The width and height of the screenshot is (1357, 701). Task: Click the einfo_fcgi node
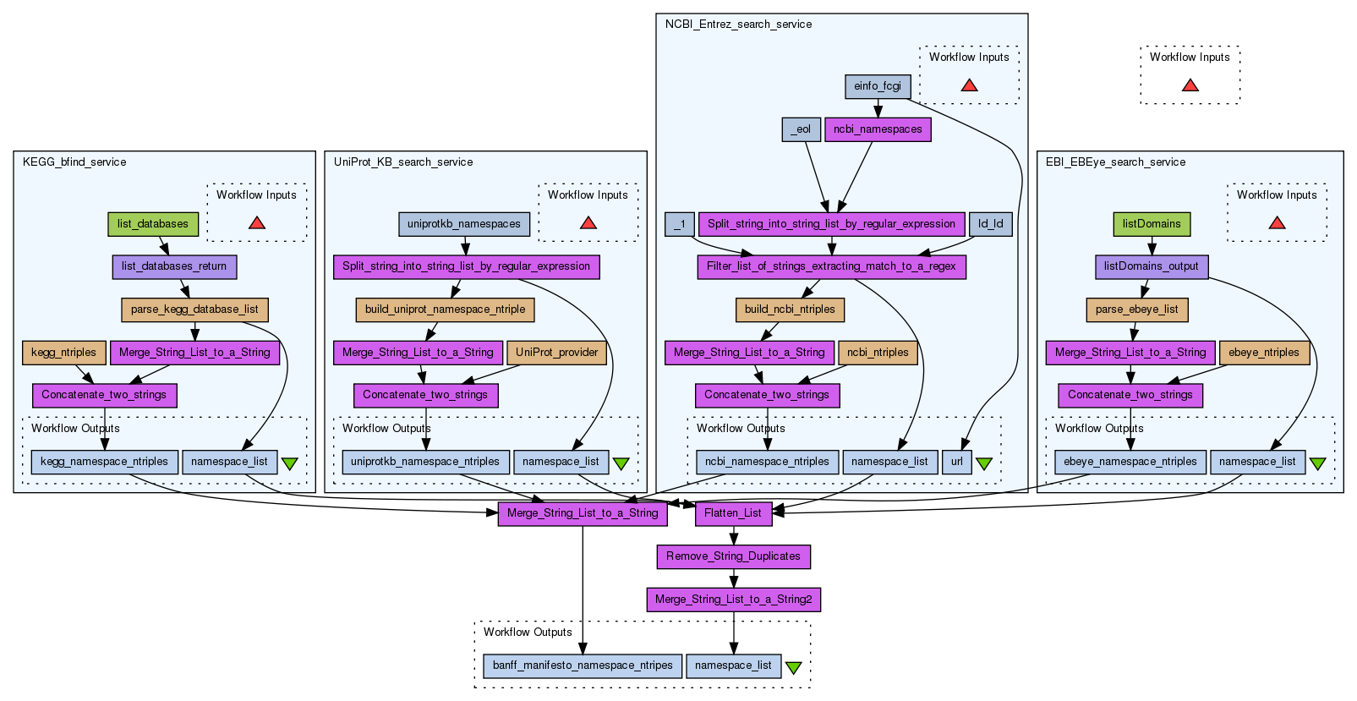[877, 86]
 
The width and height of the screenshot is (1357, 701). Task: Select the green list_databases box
[153, 224]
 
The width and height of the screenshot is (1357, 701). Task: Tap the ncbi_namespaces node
[878, 129]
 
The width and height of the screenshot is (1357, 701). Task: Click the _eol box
[801, 129]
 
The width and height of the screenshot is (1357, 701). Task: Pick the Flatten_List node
[733, 513]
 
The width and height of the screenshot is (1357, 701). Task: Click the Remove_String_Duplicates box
[733, 556]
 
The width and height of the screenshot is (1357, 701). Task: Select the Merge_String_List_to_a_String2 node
[733, 600]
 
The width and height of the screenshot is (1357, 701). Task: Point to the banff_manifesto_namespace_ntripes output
[583, 665]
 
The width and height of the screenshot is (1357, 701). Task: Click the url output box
[956, 462]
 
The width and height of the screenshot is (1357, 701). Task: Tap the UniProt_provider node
[556, 353]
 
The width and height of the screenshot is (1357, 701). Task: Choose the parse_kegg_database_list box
[194, 309]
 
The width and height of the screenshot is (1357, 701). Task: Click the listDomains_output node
[1152, 266]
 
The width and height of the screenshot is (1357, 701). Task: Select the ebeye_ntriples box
[1264, 353]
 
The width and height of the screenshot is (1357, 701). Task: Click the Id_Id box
[990, 224]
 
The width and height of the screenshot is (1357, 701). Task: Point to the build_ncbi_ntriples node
[790, 309]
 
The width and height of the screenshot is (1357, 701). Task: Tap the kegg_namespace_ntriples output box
[105, 462]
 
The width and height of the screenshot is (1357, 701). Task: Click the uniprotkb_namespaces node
[464, 224]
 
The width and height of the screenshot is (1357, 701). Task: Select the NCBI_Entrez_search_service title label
[738, 25]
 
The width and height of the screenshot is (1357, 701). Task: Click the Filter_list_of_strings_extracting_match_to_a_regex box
[831, 266]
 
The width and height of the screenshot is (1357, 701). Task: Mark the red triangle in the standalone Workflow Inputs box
[1190, 85]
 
